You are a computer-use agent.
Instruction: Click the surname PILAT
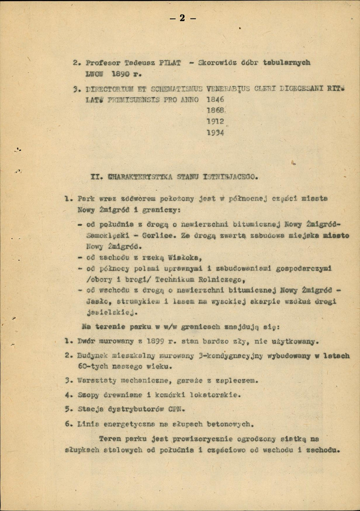click(x=169, y=63)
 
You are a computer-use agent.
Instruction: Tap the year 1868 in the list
click(x=215, y=110)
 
